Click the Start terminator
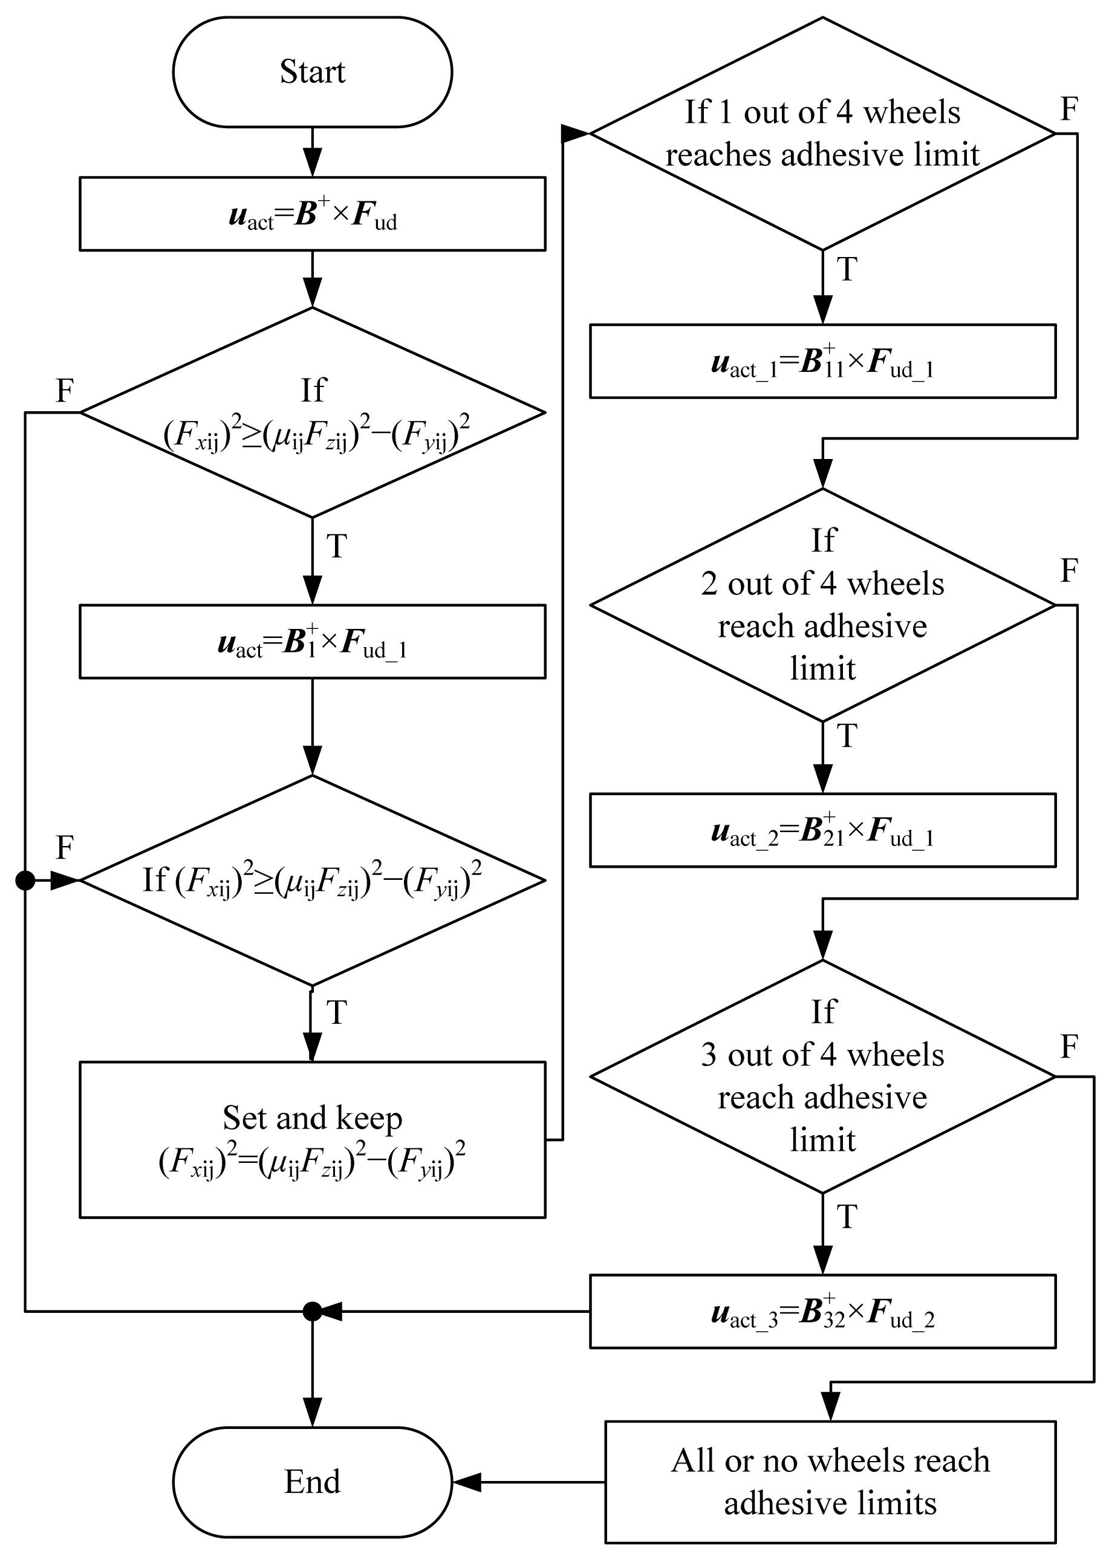(312, 72)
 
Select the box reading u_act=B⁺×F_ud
(312, 213)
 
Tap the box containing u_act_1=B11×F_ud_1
(822, 360)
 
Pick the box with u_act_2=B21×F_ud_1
(822, 830)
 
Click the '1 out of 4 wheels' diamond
(822, 133)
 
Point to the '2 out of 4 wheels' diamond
(822, 604)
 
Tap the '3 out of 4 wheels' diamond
(822, 1076)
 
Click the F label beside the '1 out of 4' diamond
(1068, 109)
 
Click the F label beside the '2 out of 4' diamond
(1068, 570)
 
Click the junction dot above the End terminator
(312, 1311)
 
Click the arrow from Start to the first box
(312, 152)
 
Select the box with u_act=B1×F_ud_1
(312, 641)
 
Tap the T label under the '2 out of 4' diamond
(847, 736)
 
